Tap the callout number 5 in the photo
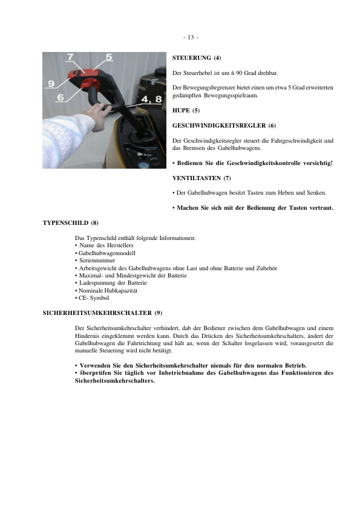click(109, 57)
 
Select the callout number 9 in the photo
click(51, 83)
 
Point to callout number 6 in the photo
click(61, 97)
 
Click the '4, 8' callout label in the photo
click(151, 99)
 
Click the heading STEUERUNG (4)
click(197, 58)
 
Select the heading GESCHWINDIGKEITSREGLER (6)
click(224, 126)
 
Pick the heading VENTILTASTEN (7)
click(201, 178)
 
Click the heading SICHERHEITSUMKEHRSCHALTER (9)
click(102, 313)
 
